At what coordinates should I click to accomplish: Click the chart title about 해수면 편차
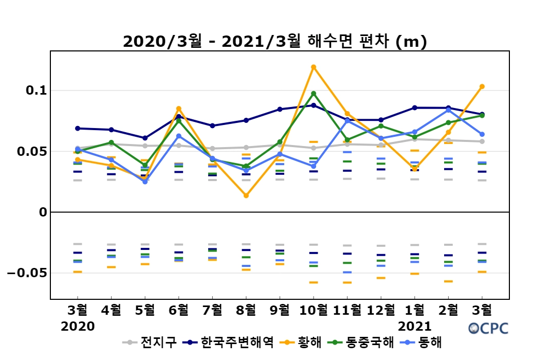[x=275, y=42]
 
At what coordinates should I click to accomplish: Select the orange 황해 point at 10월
[x=314, y=67]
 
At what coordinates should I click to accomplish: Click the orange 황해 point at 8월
[x=246, y=195]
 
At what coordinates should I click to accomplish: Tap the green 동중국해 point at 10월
[x=314, y=94]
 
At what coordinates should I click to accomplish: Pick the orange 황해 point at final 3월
[x=482, y=86]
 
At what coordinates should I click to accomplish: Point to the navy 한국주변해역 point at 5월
[x=145, y=138]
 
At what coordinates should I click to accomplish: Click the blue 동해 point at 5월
[x=145, y=182]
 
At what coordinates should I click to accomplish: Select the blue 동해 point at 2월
[x=448, y=110]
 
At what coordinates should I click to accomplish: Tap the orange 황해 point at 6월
[x=179, y=109]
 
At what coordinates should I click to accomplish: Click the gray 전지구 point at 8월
[x=246, y=148]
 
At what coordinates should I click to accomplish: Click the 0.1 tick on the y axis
[x=35, y=91]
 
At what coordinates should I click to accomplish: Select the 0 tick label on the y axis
[x=43, y=212]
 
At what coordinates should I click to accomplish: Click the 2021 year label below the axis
[x=415, y=326]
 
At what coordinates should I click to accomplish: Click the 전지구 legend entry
[x=151, y=342]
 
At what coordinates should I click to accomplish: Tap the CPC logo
[x=488, y=328]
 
